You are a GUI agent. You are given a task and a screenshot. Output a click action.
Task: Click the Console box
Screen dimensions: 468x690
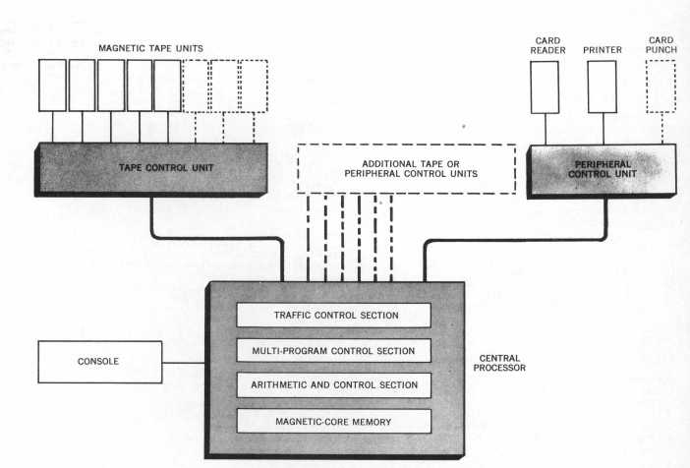[98, 361]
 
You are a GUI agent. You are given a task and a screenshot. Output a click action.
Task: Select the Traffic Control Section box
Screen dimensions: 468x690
[334, 315]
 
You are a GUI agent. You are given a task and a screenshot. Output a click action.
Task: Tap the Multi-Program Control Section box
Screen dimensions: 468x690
[334, 350]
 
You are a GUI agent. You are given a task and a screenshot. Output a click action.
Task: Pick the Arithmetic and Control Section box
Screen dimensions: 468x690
[334, 385]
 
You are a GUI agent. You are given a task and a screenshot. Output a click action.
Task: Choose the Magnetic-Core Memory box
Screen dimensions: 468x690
[334, 421]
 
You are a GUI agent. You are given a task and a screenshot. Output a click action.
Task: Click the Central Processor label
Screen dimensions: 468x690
[500, 362]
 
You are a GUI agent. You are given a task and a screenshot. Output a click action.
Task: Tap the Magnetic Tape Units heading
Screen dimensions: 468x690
[152, 47]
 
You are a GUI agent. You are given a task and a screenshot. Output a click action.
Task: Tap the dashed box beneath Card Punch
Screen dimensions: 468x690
[661, 87]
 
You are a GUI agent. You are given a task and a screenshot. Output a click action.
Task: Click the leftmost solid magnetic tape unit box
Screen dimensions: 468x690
[53, 85]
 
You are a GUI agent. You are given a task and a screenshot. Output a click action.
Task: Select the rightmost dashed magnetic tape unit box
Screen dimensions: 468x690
[254, 85]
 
